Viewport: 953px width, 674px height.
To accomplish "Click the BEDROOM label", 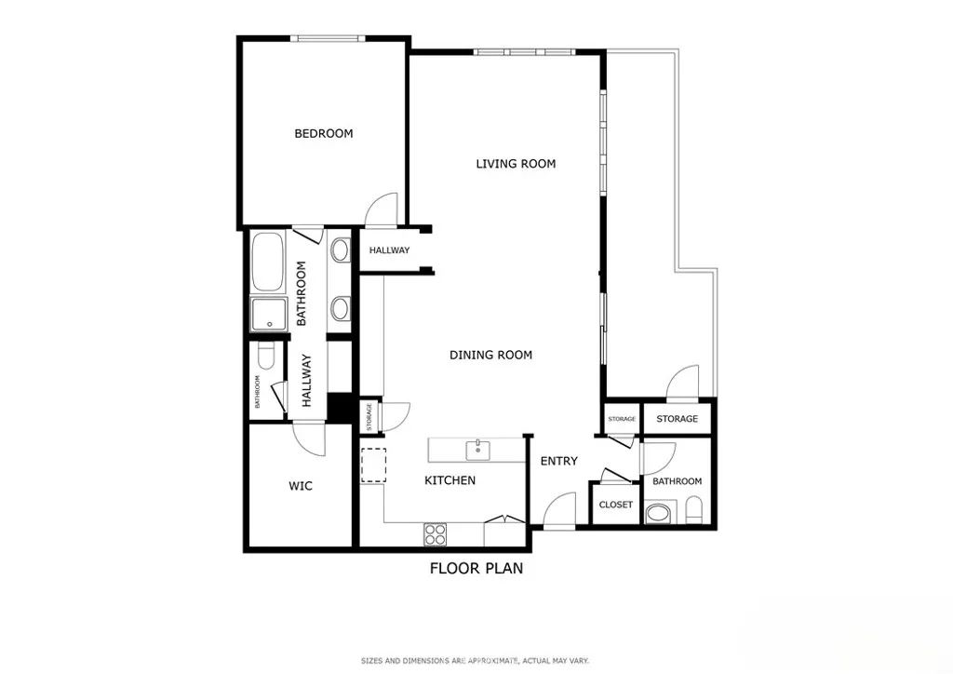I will click(x=324, y=133).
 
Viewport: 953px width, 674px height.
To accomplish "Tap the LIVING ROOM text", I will click(x=516, y=164).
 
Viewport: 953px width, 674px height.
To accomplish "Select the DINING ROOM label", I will click(x=490, y=355).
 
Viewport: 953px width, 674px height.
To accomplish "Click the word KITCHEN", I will click(x=450, y=480).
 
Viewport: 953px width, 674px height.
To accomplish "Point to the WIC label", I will click(x=300, y=486).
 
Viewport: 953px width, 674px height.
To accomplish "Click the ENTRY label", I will click(x=558, y=461).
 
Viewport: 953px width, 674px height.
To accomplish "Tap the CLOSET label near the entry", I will click(x=615, y=505).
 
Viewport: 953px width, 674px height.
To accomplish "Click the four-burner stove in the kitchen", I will click(x=435, y=533).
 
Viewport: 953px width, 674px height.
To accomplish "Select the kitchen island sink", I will click(x=478, y=450).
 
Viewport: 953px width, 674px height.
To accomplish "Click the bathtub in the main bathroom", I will click(x=268, y=263).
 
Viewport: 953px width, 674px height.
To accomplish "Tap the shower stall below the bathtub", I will click(x=268, y=315).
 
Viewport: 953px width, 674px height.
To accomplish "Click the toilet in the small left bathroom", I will click(x=264, y=357).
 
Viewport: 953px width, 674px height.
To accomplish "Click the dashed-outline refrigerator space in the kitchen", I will click(x=373, y=465).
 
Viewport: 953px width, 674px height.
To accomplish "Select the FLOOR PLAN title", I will click(x=476, y=568).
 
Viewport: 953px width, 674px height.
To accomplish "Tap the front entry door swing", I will click(x=558, y=510).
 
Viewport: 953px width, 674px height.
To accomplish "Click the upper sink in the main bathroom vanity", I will click(x=340, y=249).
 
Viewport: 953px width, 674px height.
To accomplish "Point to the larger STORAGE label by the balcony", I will click(x=677, y=419).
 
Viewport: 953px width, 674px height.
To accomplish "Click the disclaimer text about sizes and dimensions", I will click(x=476, y=661).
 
